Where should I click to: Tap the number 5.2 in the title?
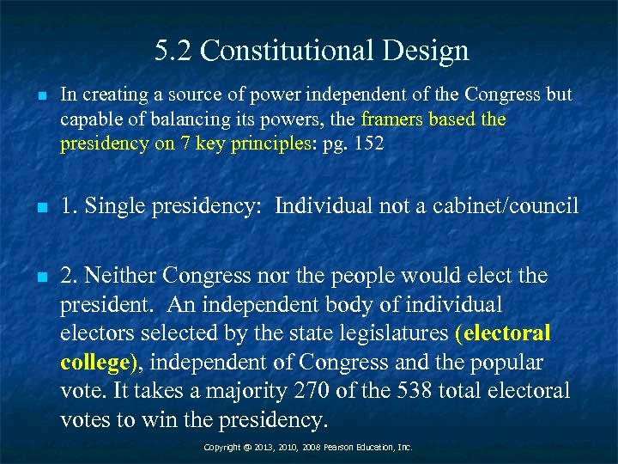point(174,51)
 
